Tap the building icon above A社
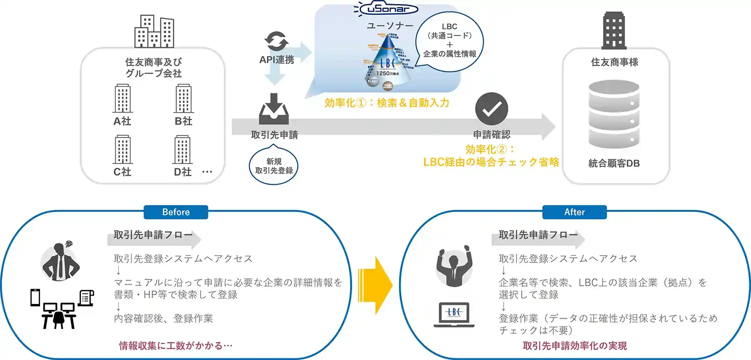122,98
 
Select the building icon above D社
183,150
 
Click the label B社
183,121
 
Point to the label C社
122,172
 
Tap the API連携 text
276,60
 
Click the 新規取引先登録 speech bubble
274,165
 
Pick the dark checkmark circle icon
491,109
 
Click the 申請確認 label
491,134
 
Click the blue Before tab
176,212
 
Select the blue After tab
574,212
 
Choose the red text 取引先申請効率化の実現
574,345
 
